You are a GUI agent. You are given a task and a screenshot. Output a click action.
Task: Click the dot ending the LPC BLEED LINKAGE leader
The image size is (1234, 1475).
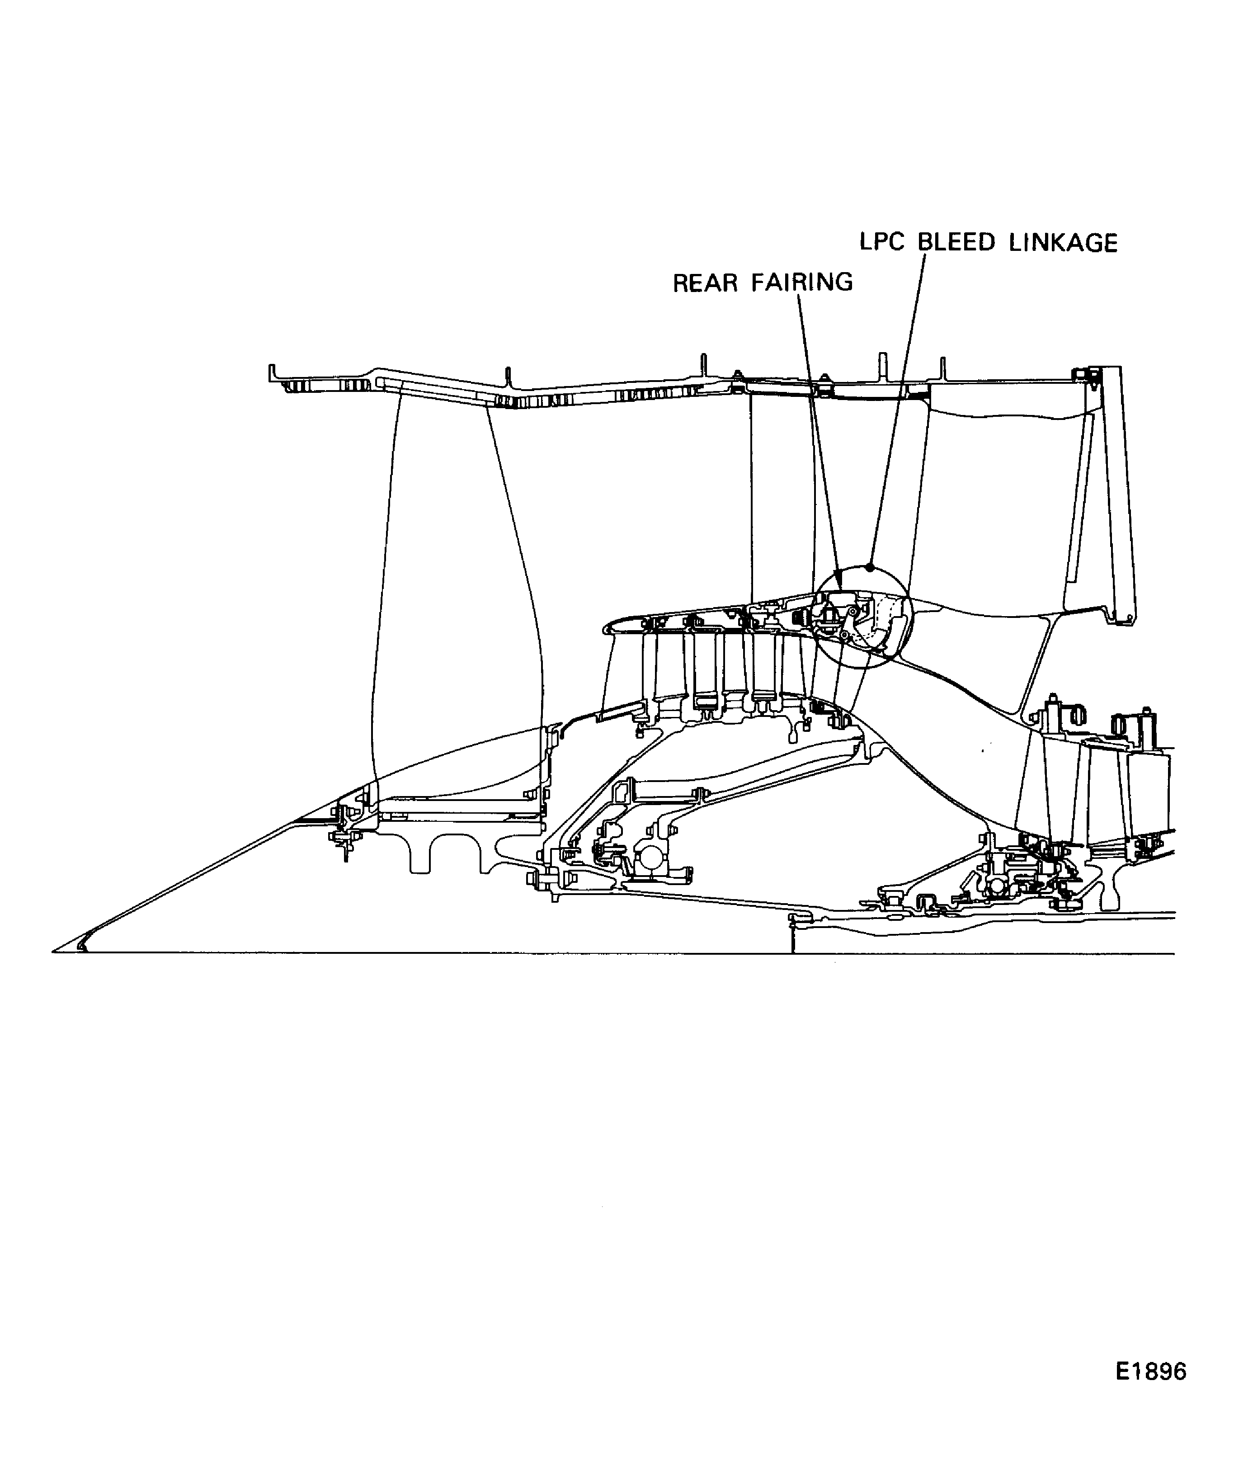click(870, 567)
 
